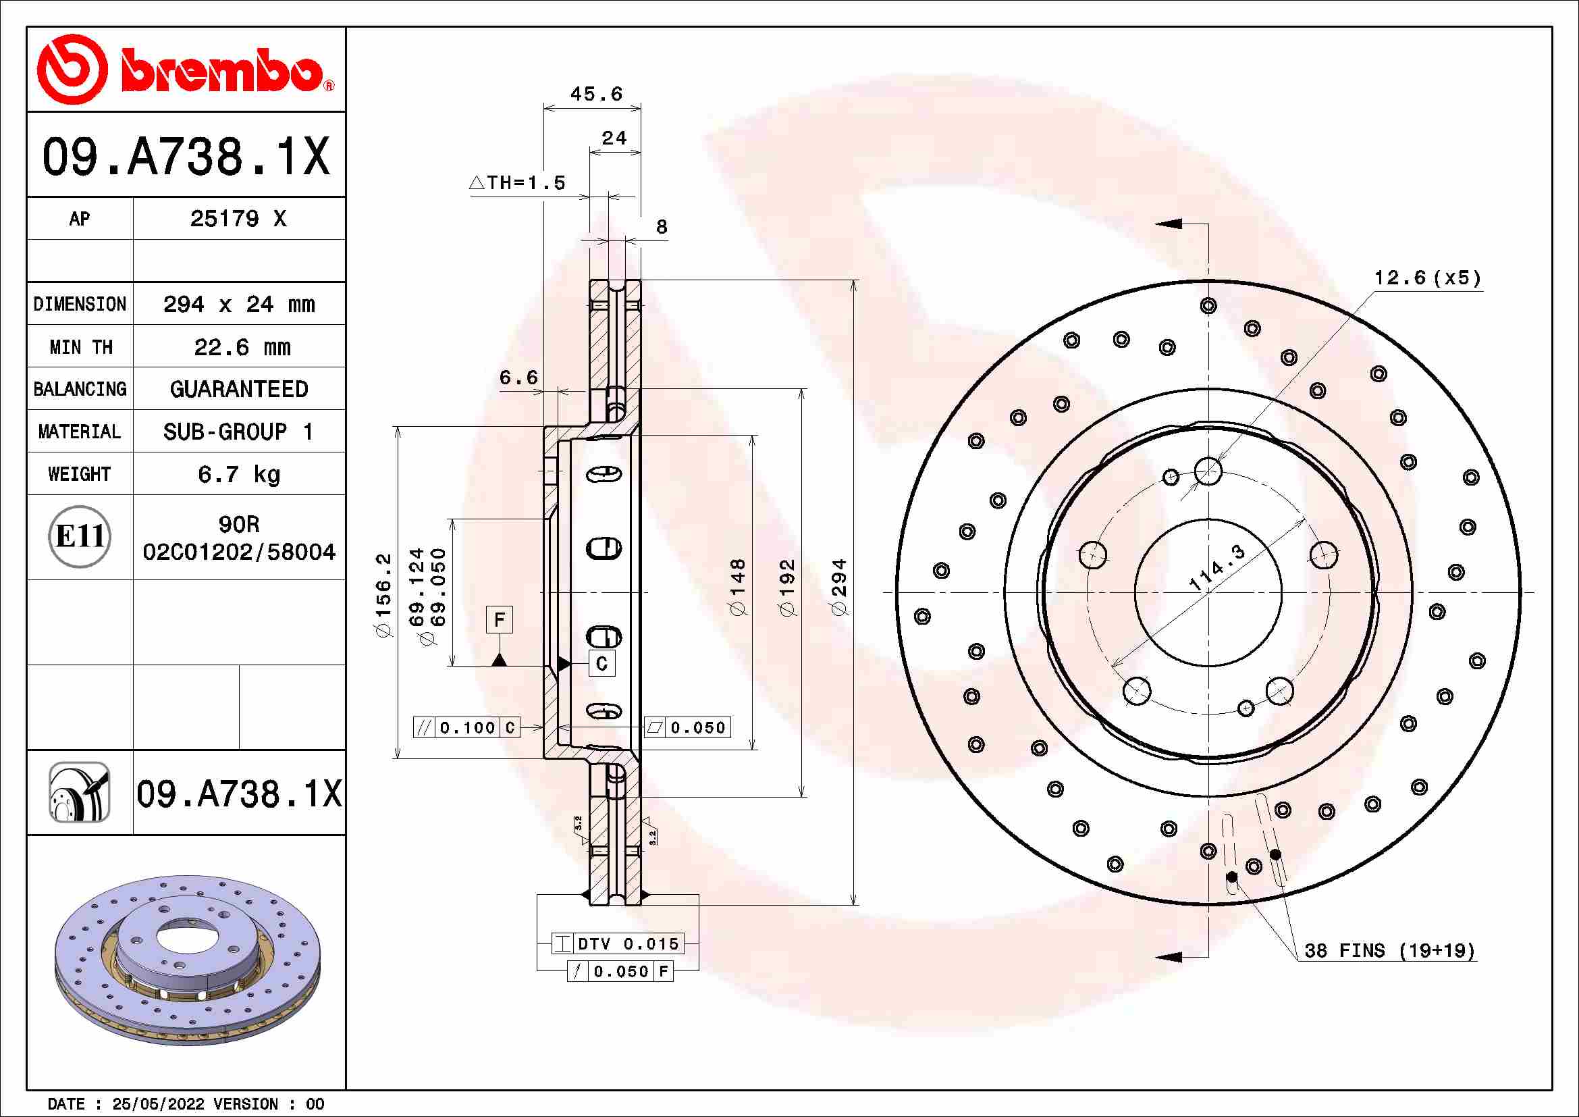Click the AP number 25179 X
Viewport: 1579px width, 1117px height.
pyautogui.click(x=238, y=219)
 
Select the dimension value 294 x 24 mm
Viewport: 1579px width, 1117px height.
pyautogui.click(x=238, y=304)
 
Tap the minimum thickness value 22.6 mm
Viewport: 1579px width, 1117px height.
pyautogui.click(x=242, y=347)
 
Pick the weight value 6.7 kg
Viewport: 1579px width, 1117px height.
pyautogui.click(x=238, y=475)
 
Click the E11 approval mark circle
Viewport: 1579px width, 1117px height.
pyautogui.click(x=80, y=536)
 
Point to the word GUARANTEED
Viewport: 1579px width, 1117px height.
pyautogui.click(x=238, y=389)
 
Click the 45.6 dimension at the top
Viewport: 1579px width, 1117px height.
pyautogui.click(x=595, y=95)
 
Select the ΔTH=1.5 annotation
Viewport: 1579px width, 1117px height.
pyautogui.click(x=517, y=183)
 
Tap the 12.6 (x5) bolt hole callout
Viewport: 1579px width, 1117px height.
pyautogui.click(x=1427, y=278)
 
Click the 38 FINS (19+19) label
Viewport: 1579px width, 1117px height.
pyautogui.click(x=1389, y=951)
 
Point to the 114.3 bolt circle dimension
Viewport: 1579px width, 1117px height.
pyautogui.click(x=1216, y=567)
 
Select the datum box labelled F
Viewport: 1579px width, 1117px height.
pyautogui.click(x=500, y=619)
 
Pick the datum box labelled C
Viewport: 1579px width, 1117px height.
pyautogui.click(x=601, y=663)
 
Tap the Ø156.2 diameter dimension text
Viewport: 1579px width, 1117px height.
pyautogui.click(x=383, y=595)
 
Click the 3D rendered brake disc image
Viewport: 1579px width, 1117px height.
pyautogui.click(x=187, y=960)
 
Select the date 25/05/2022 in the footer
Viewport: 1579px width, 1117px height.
pyautogui.click(x=158, y=1104)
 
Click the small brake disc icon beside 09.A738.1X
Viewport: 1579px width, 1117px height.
pyautogui.click(x=80, y=792)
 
